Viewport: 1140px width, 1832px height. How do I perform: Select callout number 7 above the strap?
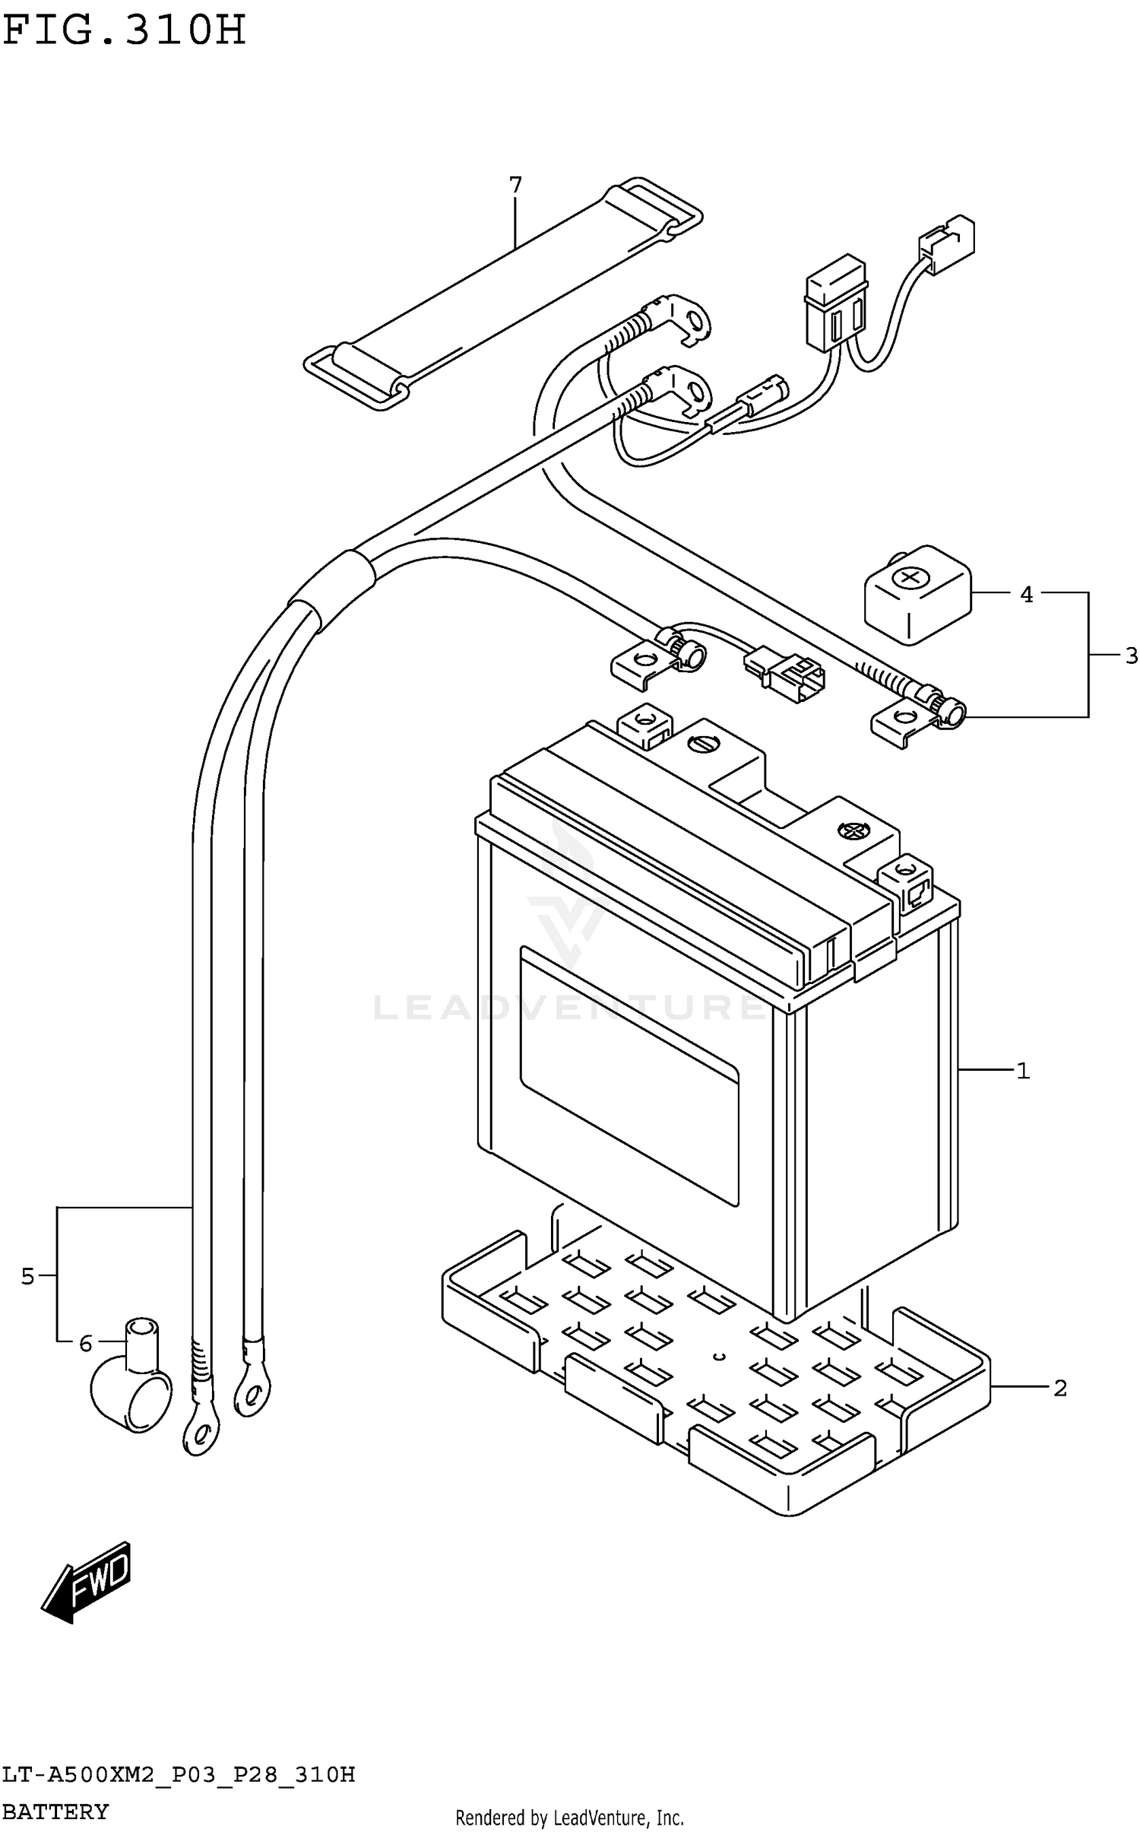coord(515,185)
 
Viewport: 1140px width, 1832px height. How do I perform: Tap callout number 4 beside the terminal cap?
coord(1026,595)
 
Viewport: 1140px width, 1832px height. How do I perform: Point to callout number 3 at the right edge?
coord(1131,655)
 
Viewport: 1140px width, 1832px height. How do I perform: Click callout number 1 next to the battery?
coord(1023,1071)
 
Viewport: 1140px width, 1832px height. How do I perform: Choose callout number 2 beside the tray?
coord(1059,1389)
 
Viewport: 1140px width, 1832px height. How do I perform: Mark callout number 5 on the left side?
coord(27,1276)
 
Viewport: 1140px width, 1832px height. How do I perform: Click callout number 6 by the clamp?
coord(86,1344)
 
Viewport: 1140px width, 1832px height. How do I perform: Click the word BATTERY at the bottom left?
coord(55,1811)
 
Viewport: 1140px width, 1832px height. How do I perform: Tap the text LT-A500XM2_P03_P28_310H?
coord(178,1775)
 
